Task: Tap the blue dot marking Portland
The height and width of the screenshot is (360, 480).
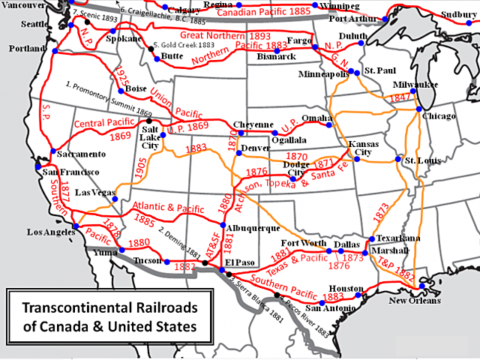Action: coord(55,52)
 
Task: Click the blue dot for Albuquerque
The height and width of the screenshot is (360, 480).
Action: coord(223,224)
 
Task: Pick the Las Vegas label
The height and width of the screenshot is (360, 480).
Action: coord(89,193)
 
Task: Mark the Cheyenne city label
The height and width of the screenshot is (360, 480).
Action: coord(253,124)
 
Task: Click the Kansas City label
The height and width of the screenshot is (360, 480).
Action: coord(364,147)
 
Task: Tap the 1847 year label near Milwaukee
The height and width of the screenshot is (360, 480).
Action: coord(402,98)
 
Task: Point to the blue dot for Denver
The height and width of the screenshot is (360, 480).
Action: coord(238,153)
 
